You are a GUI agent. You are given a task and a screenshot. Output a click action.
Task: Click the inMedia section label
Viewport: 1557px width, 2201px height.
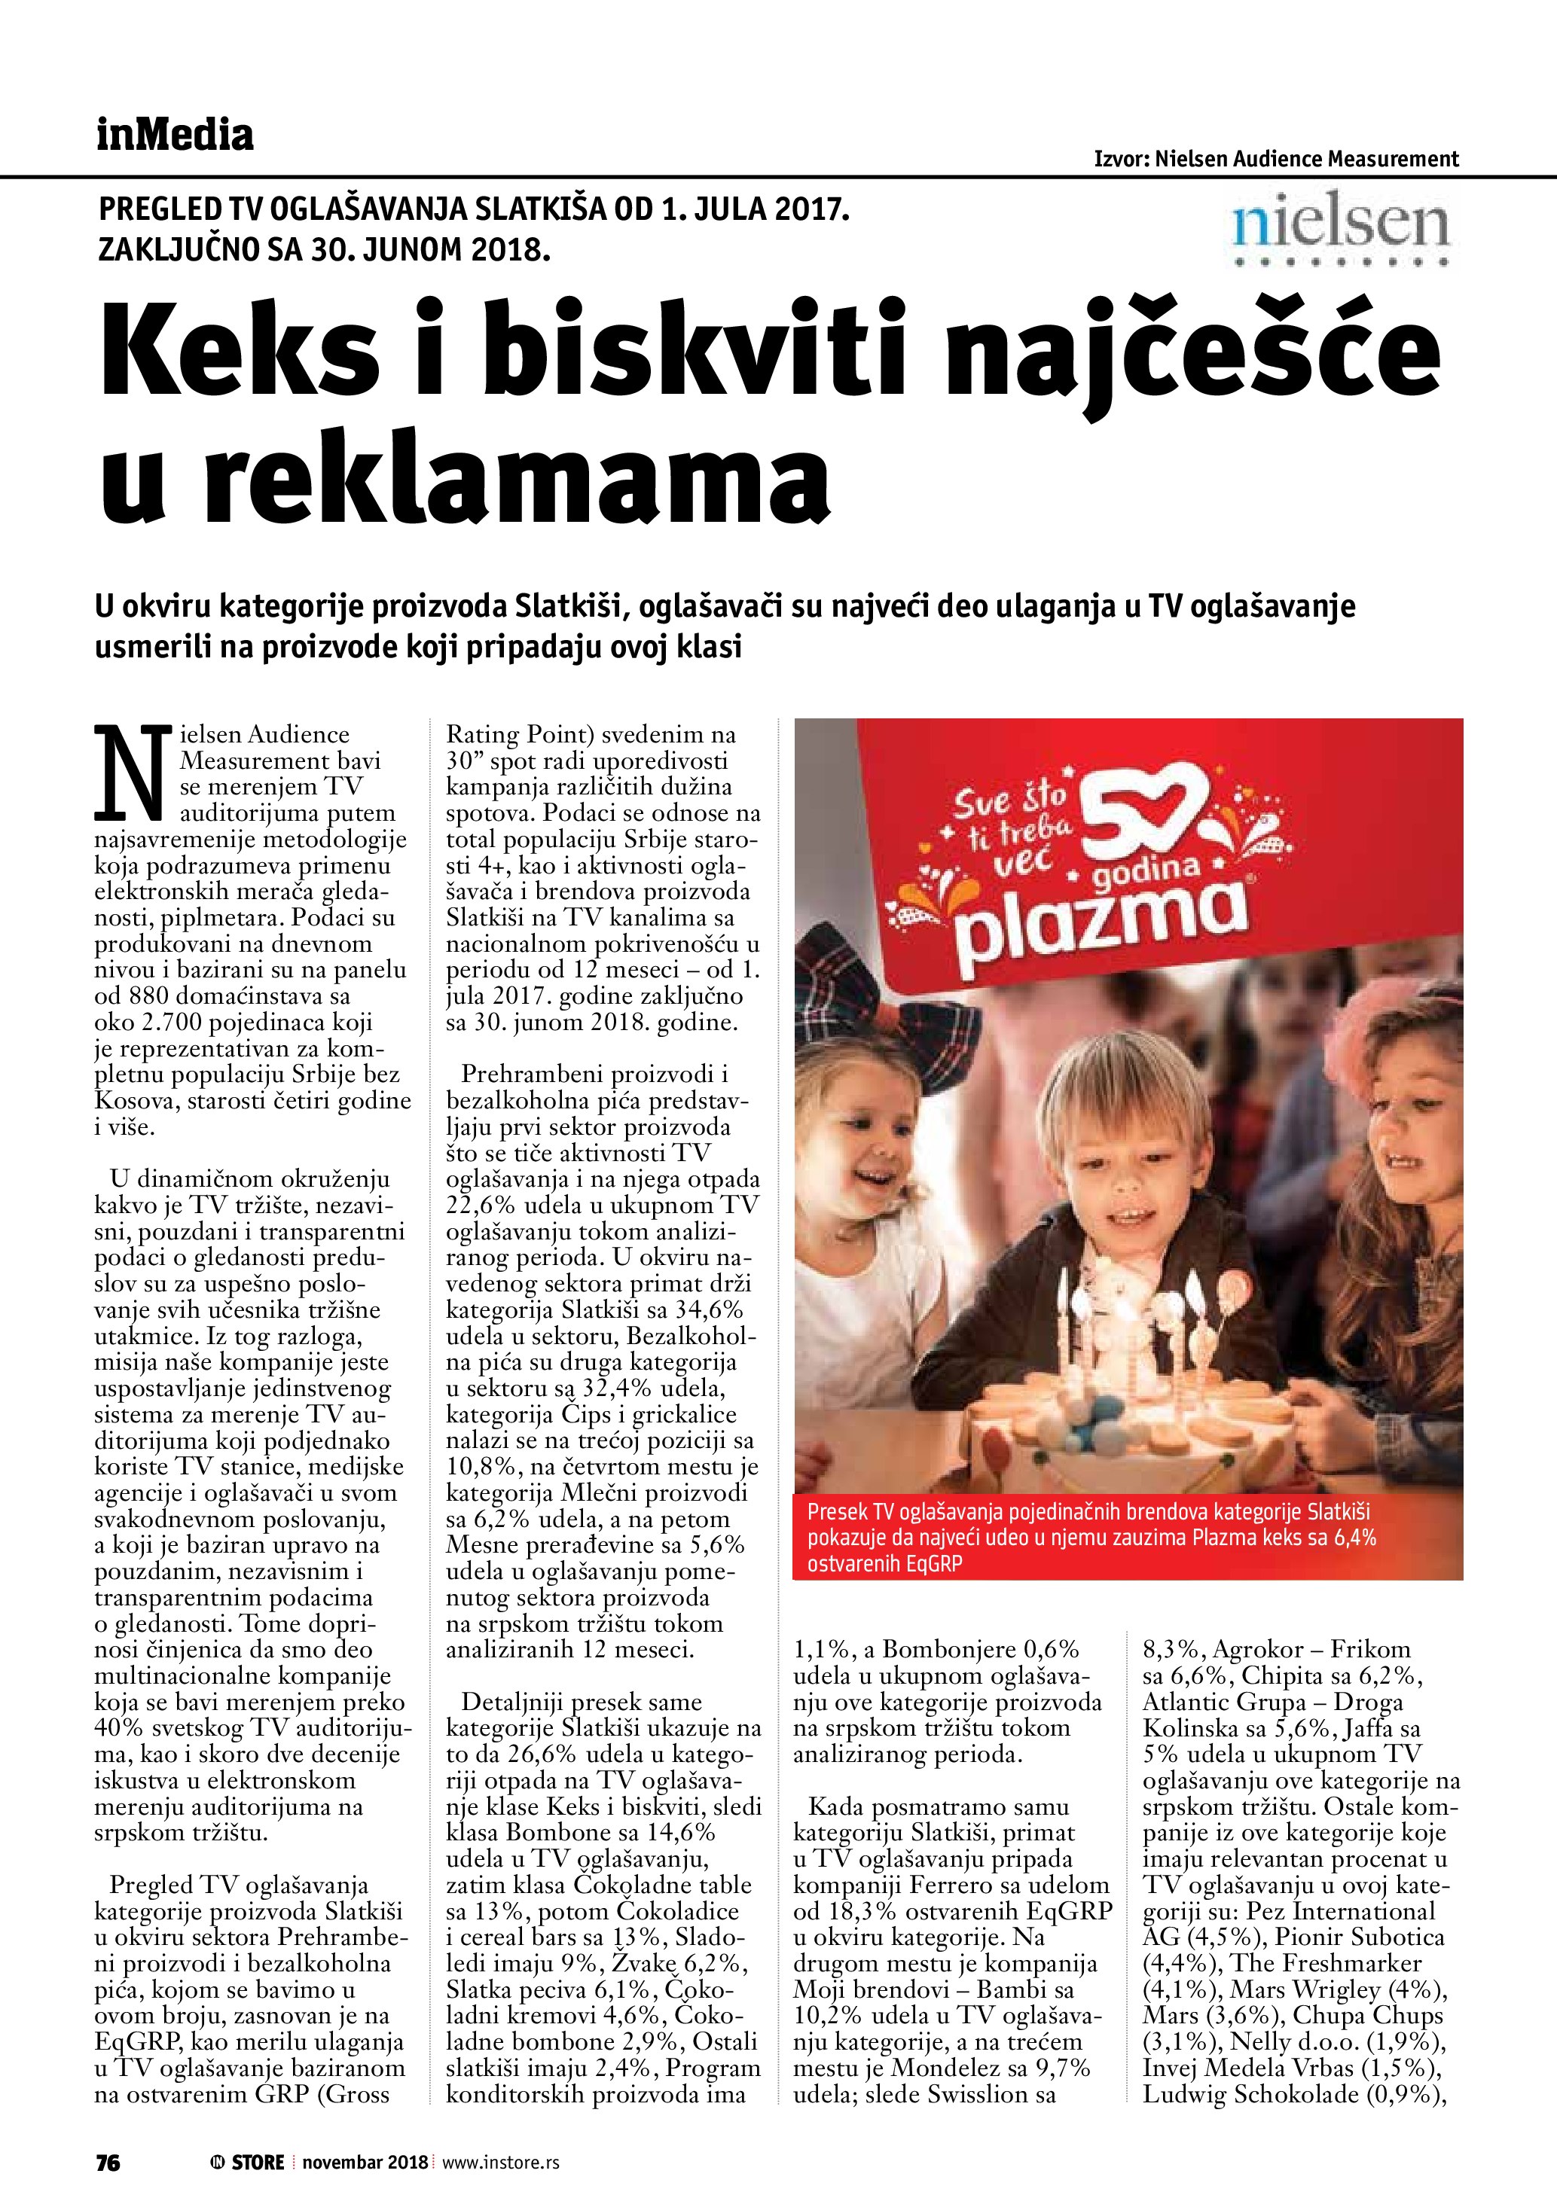point(175,136)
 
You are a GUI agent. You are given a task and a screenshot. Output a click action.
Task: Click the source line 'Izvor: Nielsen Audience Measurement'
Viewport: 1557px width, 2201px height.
point(1276,159)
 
